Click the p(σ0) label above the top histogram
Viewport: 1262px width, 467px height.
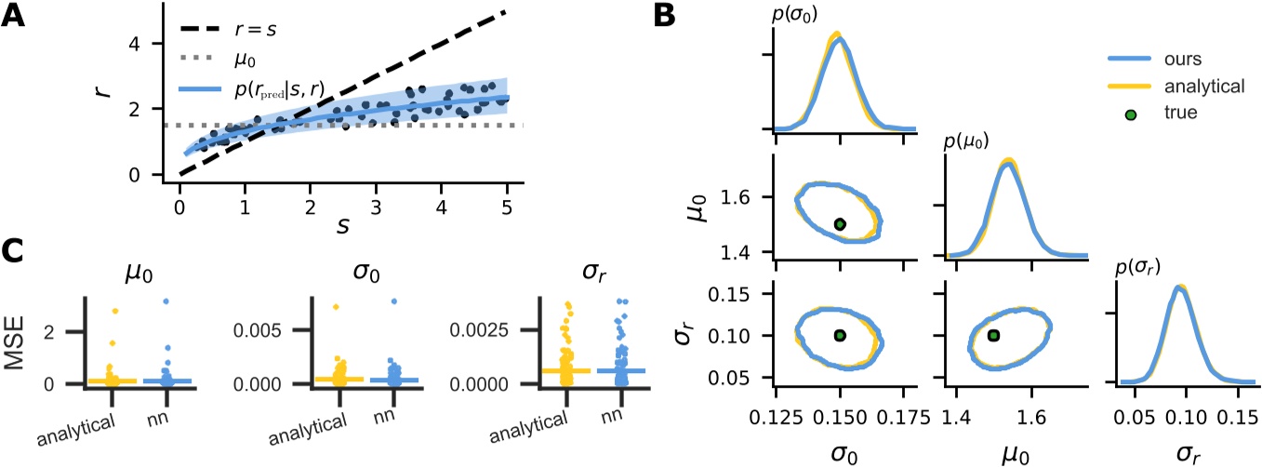click(802, 12)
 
